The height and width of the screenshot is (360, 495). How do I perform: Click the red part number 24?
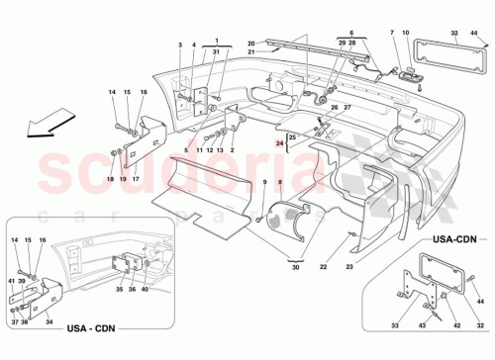click(280, 143)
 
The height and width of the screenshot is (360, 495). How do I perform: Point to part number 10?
click(407, 35)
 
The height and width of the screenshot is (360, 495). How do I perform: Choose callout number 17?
click(135, 179)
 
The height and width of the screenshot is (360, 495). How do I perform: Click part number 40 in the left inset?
click(146, 318)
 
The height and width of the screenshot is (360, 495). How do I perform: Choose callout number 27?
click(347, 108)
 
